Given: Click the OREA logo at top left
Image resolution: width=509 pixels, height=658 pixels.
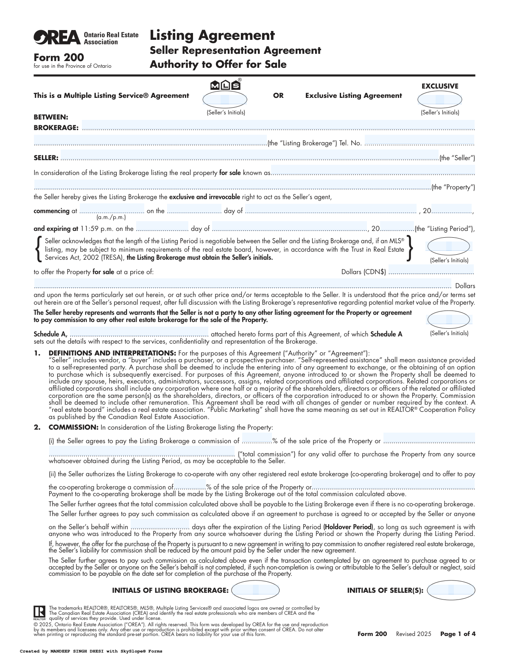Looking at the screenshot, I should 57,38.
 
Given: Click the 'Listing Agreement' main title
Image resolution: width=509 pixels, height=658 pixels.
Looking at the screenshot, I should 212,35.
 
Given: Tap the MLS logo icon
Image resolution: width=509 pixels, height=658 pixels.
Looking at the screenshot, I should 225,85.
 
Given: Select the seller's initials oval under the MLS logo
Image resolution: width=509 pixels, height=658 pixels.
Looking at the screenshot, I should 225,100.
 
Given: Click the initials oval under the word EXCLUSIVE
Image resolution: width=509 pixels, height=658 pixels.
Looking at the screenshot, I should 440,100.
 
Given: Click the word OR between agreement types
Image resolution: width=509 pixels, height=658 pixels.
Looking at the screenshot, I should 278,96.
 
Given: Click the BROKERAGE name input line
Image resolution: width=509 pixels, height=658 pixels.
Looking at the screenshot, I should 278,126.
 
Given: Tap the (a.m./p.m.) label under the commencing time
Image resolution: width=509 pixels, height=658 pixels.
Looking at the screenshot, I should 111,217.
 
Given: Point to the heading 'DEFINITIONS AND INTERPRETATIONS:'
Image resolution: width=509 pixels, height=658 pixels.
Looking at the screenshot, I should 112,353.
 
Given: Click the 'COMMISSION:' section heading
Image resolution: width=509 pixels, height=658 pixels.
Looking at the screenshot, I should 73,427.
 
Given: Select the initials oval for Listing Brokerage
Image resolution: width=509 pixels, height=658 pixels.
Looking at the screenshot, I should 255,590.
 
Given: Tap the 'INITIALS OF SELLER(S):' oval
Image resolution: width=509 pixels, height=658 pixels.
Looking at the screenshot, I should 451,590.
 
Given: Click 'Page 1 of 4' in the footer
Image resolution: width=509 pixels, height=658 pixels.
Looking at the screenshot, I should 458,634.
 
